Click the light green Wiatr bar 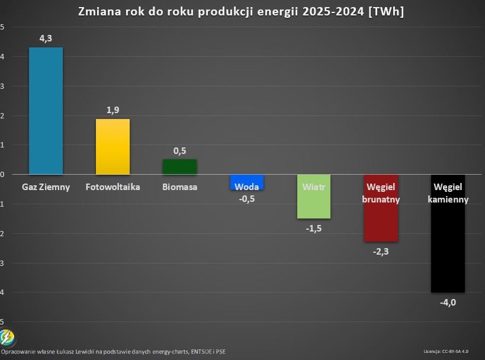(x=314, y=204)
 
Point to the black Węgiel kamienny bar (x=448, y=249)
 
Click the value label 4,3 (x=46, y=38)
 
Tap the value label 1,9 (x=113, y=110)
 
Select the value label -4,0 (x=448, y=303)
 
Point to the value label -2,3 (x=381, y=252)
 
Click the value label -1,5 (x=314, y=229)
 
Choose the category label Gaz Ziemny (x=46, y=187)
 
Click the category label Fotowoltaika (x=113, y=187)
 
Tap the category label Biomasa (x=179, y=187)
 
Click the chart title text (x=242, y=12)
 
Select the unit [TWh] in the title (x=386, y=12)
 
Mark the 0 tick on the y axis (x=2, y=175)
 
